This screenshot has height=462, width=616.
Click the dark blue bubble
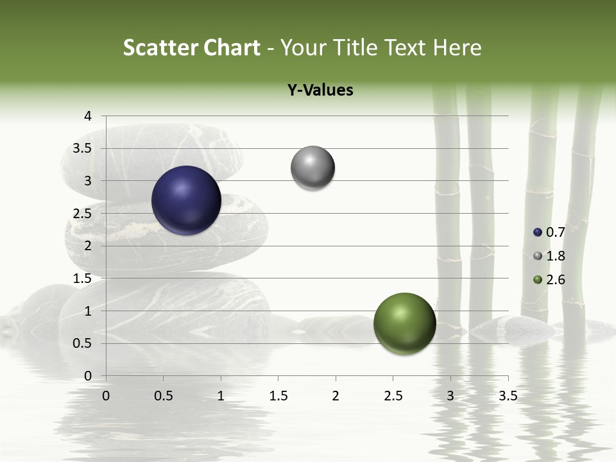187,200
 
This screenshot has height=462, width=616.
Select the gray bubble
313,168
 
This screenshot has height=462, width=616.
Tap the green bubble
404,323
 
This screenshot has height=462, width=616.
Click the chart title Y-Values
320,90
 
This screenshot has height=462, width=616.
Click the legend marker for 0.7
538,232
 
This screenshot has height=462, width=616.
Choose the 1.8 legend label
555,256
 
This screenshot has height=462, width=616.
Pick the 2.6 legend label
555,280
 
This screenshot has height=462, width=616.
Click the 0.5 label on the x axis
164,396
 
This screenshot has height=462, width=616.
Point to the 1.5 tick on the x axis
278,396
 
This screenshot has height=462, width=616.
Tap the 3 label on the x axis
450,396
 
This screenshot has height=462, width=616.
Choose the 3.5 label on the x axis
508,396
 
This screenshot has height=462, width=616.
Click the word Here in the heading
458,47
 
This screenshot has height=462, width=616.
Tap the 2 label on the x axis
336,396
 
